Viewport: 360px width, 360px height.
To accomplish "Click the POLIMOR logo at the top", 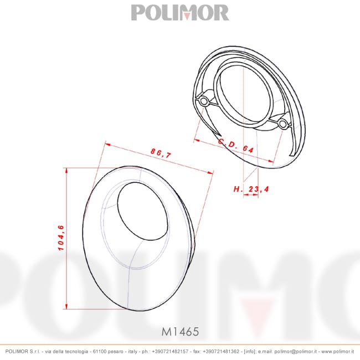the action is tap(180, 13).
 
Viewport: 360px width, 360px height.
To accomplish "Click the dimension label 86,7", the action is tap(161, 153).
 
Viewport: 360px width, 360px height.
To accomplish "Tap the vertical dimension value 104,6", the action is tap(61, 238).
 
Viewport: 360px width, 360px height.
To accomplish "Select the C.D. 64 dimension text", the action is tap(236, 146).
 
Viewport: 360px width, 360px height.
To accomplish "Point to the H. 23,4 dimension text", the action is tap(251, 189).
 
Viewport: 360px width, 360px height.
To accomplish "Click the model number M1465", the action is tap(180, 332).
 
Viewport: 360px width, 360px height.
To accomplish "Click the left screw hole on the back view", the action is tap(203, 101).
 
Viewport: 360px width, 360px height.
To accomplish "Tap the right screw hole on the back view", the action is tap(282, 124).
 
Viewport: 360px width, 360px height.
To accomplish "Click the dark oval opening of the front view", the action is tap(142, 211).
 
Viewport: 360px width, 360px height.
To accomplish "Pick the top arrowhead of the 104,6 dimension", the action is tap(66, 171).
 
